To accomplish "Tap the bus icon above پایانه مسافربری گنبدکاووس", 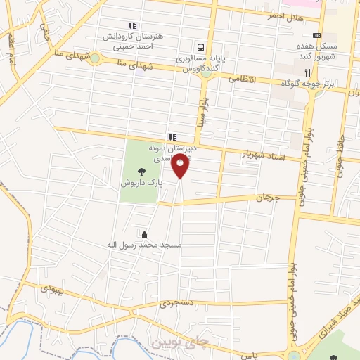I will coord(201,48).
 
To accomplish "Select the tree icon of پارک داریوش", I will coord(141,170).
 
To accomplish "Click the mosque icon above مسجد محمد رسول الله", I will coord(145,234).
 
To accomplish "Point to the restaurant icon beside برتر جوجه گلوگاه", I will coord(307,72).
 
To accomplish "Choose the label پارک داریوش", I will coord(141,181).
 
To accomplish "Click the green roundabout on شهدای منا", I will coord(94,58).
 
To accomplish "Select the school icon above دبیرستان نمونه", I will coord(171,137).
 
